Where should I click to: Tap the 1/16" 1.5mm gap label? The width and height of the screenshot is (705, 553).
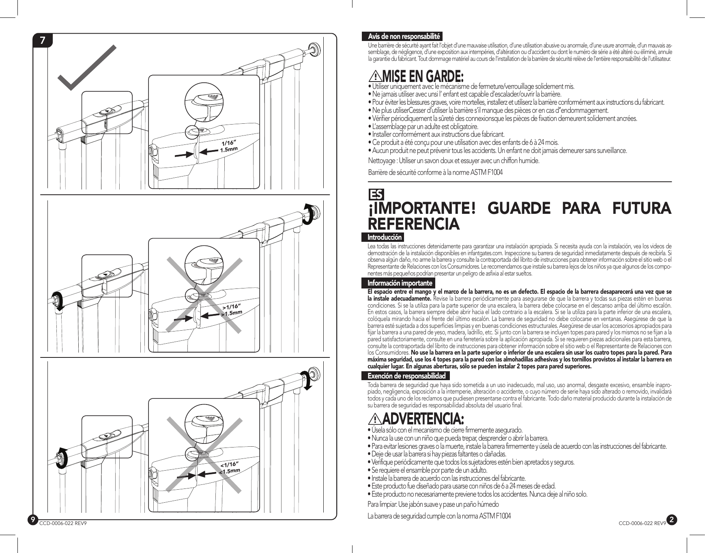(x=228, y=146)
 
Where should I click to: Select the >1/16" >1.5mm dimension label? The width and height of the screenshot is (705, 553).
(x=231, y=309)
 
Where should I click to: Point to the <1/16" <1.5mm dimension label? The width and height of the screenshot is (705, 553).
(x=230, y=467)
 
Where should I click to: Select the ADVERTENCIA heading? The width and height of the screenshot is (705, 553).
(x=423, y=418)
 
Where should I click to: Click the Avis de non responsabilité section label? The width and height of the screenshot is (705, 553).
(x=404, y=37)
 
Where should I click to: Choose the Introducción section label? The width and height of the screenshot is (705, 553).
(x=384, y=237)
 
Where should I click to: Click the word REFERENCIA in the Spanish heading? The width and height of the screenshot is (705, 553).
(x=414, y=224)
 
